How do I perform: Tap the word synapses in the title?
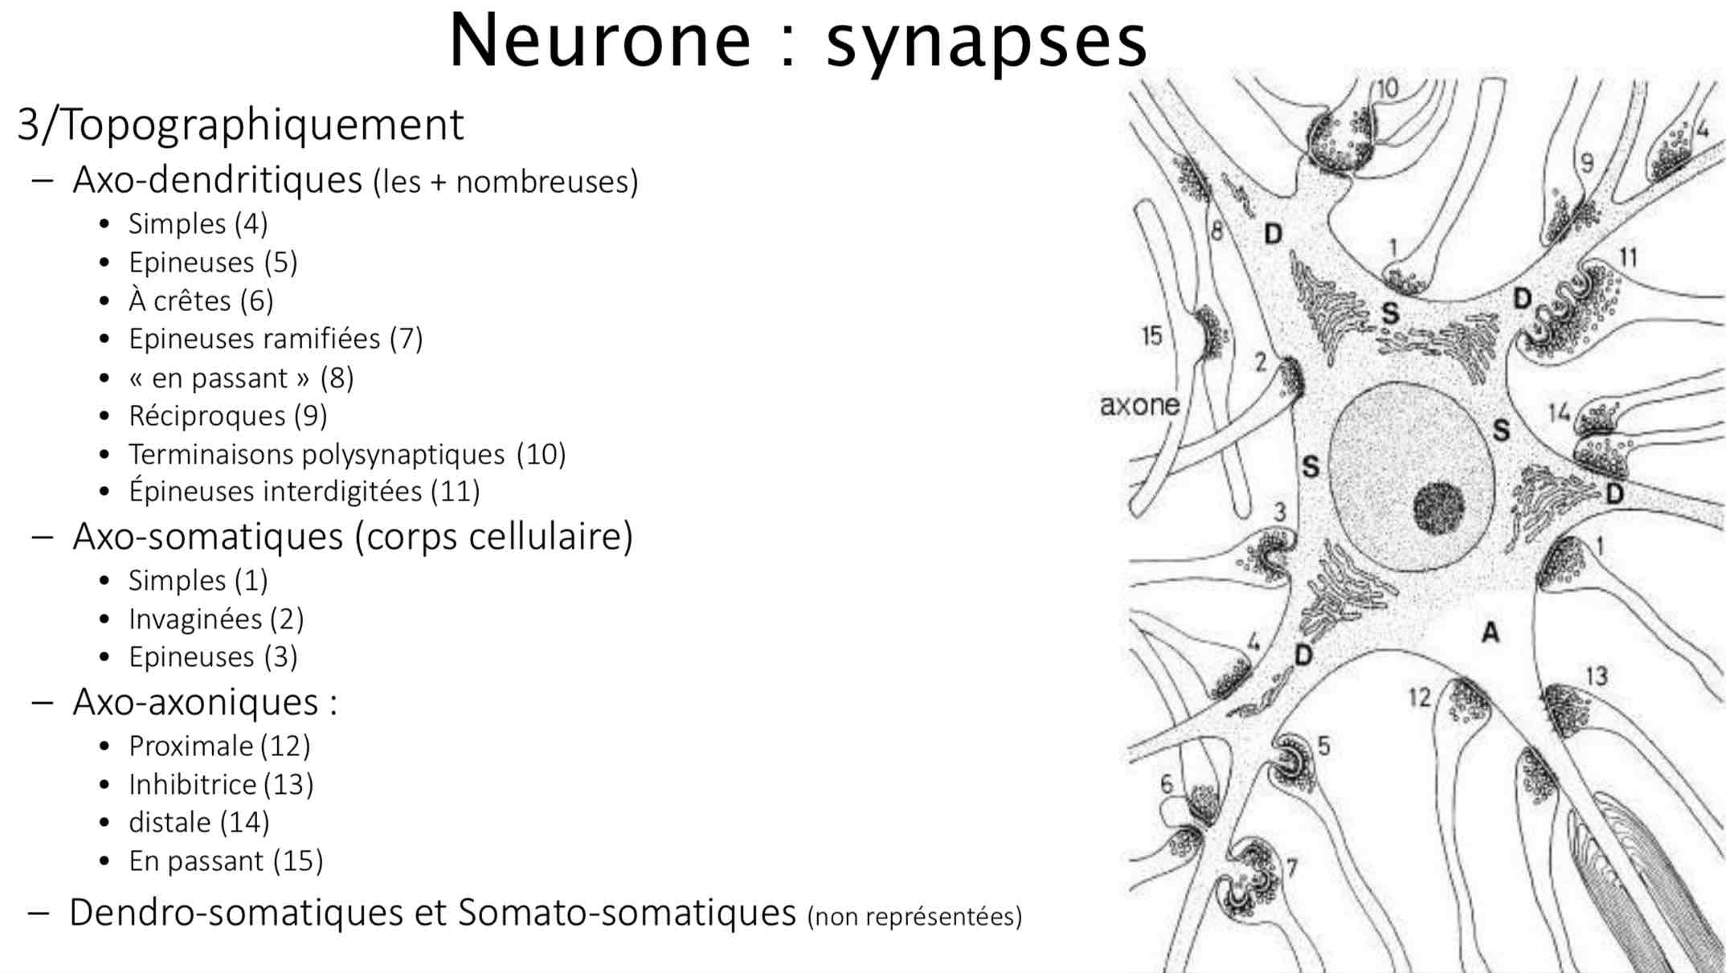[987, 43]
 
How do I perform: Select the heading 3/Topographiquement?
[240, 125]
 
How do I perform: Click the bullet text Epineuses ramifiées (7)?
[275, 339]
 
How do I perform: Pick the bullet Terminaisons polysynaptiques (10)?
[346, 455]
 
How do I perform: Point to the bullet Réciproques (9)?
[227, 416]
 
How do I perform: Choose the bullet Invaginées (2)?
[215, 619]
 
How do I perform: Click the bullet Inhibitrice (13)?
[220, 784]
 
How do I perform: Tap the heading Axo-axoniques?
[205, 702]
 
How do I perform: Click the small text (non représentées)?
[914, 917]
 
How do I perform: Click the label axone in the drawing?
[1139, 406]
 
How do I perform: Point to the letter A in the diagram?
[1491, 633]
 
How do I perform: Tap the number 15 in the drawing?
[1152, 336]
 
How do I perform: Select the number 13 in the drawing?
[1597, 676]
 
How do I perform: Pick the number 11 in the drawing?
[1628, 258]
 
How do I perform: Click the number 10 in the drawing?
[1388, 88]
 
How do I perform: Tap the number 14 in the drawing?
[1559, 413]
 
